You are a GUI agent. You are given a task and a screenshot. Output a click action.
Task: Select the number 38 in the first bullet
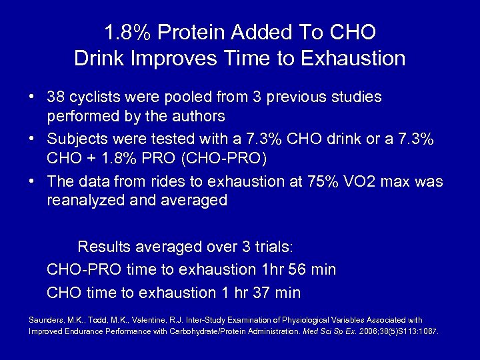[x=56, y=97]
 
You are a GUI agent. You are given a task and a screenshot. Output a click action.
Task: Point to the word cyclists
[x=93, y=97]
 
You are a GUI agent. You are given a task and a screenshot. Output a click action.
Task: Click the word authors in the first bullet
[x=199, y=117]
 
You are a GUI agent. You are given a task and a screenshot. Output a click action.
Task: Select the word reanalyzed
[x=85, y=200]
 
